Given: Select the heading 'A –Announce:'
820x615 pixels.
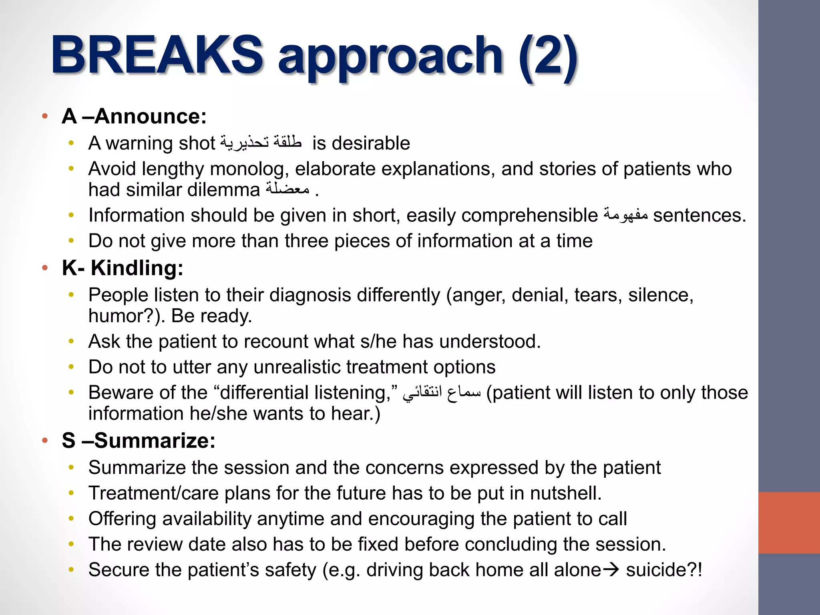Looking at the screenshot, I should click(134, 117).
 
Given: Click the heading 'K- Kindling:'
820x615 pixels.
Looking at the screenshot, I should click(123, 268).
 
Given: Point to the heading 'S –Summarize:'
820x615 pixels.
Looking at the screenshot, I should click(139, 440).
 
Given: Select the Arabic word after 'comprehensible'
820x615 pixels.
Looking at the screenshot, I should click(625, 215).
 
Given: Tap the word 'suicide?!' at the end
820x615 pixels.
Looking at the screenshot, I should click(664, 570).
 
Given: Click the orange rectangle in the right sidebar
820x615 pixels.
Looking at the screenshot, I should click(789, 523).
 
